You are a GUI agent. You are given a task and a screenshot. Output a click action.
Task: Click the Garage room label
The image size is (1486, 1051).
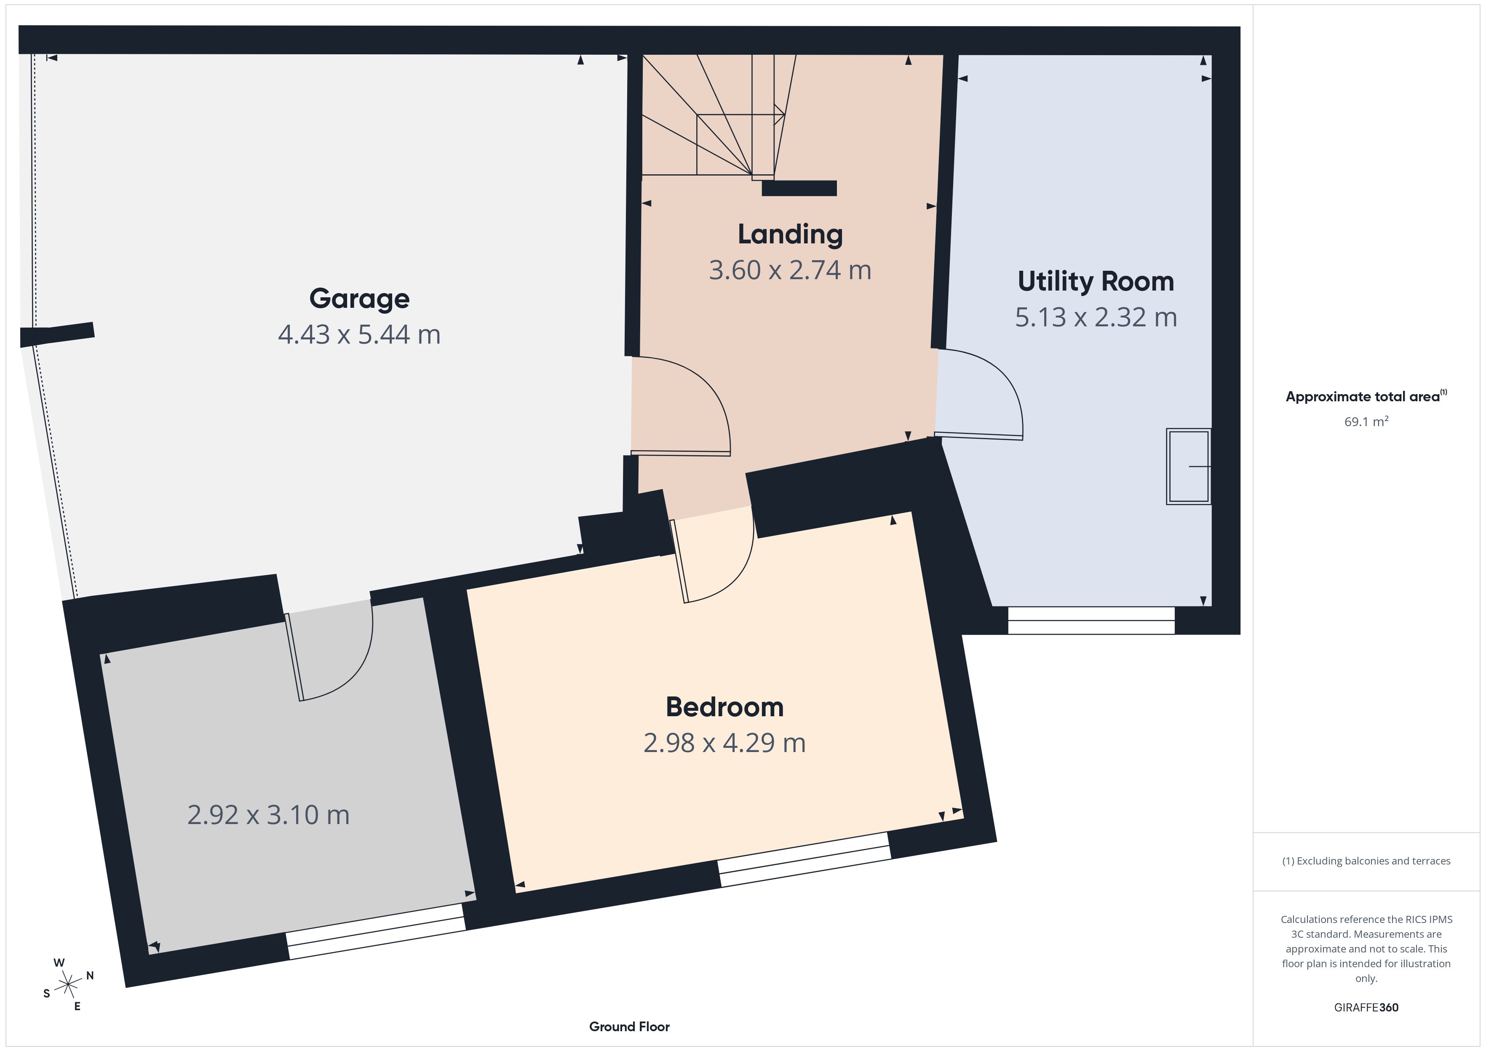(x=359, y=299)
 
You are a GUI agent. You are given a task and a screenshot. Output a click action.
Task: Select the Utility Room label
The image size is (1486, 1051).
(x=1096, y=282)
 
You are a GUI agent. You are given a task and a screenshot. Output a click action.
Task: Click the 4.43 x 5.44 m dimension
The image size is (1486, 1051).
(x=359, y=335)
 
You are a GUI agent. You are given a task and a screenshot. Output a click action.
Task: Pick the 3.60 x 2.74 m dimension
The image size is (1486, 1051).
(x=790, y=270)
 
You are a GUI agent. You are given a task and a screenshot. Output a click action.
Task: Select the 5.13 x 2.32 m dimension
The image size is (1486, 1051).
(x=1096, y=317)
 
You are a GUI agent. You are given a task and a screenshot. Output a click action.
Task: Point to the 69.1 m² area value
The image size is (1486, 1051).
(x=1366, y=421)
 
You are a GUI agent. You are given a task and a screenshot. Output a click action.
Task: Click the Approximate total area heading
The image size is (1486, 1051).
(x=1366, y=396)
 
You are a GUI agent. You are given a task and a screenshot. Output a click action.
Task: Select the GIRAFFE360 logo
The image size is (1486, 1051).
(x=1366, y=1007)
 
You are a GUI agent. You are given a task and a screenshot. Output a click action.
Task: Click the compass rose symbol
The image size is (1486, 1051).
(x=68, y=985)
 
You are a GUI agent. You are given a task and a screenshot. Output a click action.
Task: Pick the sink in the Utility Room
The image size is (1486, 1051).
(x=1188, y=466)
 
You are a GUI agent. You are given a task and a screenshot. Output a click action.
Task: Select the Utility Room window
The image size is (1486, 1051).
(x=1091, y=620)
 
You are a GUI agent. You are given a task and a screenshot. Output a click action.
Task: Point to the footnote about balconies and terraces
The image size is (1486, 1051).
(x=1366, y=861)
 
